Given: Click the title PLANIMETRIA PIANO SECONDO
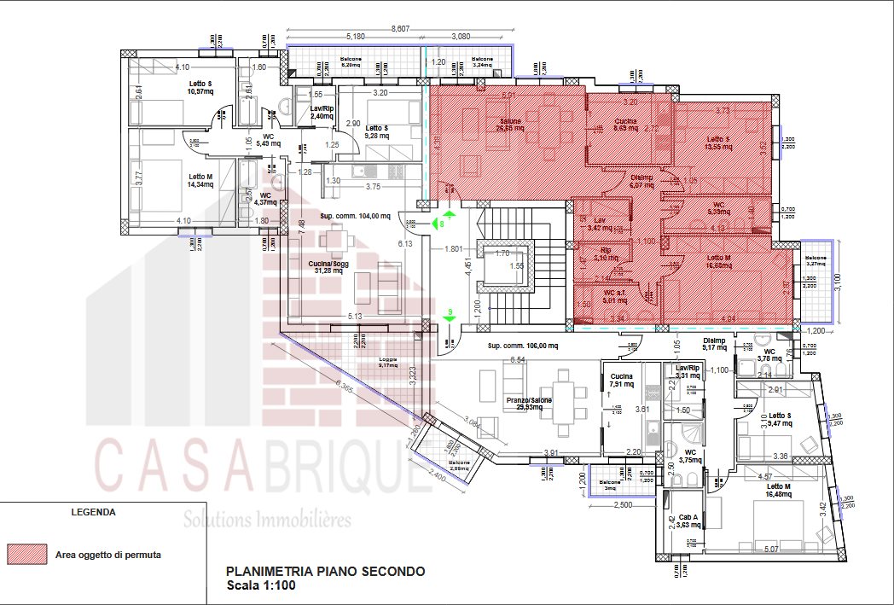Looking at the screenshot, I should pyautogui.click(x=324, y=572).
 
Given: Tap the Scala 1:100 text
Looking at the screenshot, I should pyautogui.click(x=261, y=585).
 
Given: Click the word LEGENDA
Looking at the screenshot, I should pyautogui.click(x=94, y=513).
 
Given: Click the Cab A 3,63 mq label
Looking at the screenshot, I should pyautogui.click(x=689, y=521).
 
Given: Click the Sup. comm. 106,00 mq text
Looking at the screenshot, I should pyautogui.click(x=523, y=346).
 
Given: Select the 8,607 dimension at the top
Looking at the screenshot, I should pyautogui.click(x=400, y=28).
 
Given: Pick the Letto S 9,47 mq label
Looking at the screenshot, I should pyautogui.click(x=779, y=419).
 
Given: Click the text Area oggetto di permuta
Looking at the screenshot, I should pyautogui.click(x=108, y=555).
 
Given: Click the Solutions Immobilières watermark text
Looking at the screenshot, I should pyautogui.click(x=268, y=519).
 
